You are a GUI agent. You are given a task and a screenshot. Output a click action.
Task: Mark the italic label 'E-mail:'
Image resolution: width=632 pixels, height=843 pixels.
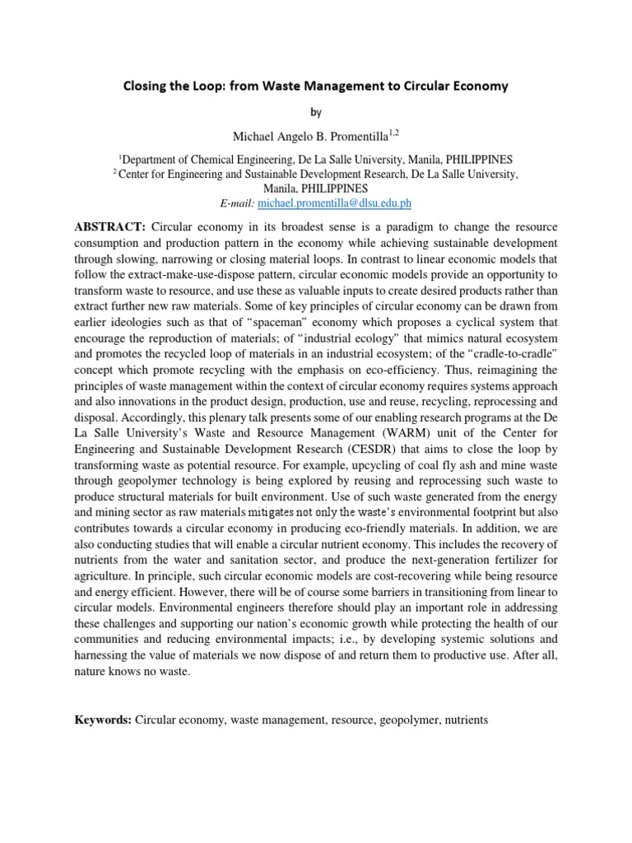(235, 203)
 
